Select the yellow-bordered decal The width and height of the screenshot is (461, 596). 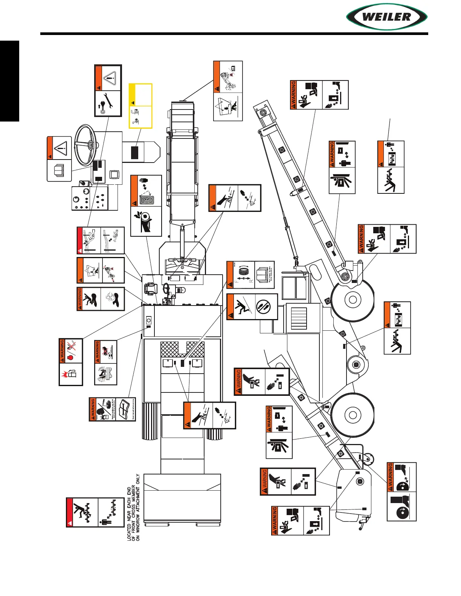pos(140,106)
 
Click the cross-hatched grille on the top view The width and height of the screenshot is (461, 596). pos(183,349)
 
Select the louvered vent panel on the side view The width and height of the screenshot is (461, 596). pos(299,318)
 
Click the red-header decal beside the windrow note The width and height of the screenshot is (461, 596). pos(95,512)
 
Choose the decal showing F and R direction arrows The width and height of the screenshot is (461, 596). pos(250,275)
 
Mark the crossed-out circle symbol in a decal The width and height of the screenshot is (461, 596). pos(266,307)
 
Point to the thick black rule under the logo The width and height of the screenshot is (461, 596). pos(234,34)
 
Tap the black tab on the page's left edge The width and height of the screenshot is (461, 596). pos(9,81)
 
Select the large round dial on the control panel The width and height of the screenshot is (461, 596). pos(86,192)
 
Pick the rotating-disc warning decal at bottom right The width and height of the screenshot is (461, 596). pos(401,491)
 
